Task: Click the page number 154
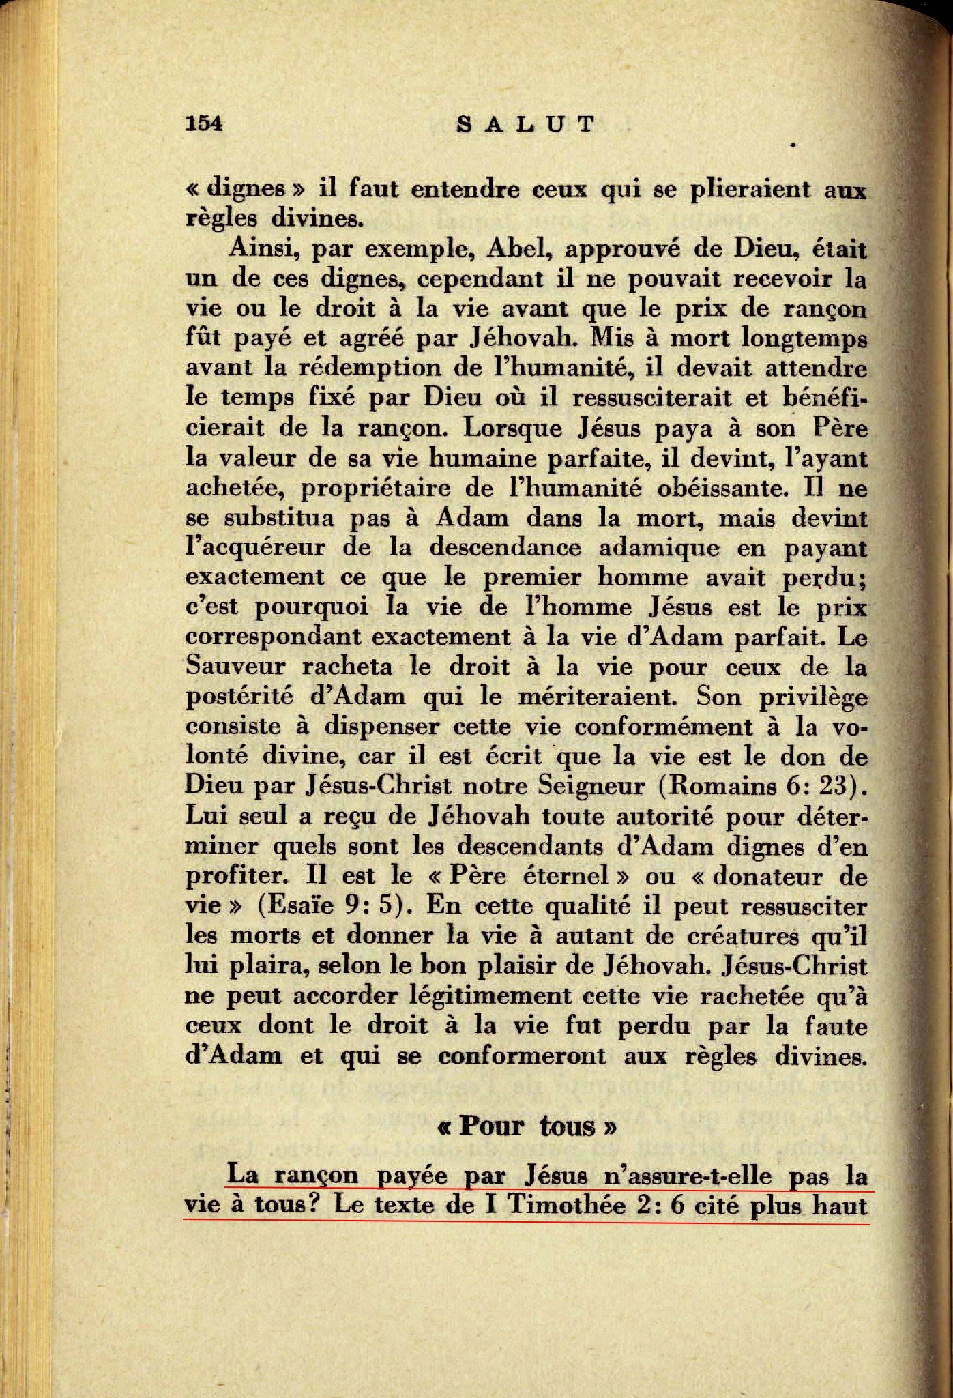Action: coord(204,123)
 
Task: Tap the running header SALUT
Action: coord(525,124)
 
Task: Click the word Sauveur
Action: coord(236,667)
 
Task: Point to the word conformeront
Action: coord(521,1056)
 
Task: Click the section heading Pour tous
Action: coord(525,1126)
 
